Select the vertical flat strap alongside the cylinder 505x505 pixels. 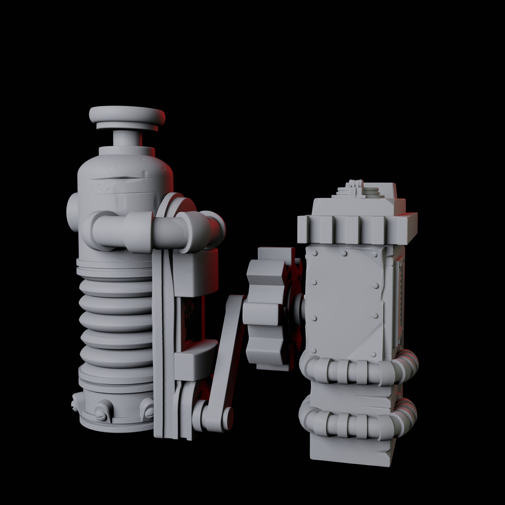coord(162,340)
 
